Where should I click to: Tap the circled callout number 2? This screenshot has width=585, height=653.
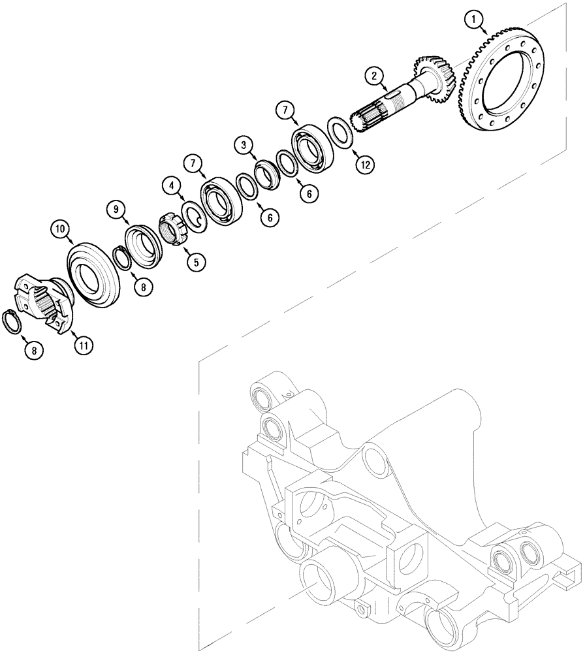coord(374,76)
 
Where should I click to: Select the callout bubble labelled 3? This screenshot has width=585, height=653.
coord(243,145)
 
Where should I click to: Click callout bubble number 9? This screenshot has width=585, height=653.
coord(116,210)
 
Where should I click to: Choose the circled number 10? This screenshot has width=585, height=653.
coord(60,229)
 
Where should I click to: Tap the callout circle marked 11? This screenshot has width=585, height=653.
coord(83,345)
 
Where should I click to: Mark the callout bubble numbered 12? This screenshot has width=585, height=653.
coord(365,165)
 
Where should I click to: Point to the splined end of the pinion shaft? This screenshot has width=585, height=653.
coord(366,118)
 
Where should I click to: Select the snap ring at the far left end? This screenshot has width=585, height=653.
coord(14,321)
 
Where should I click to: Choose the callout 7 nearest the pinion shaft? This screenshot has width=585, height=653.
coord(285,108)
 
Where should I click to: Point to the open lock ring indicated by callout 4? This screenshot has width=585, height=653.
coord(192,216)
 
